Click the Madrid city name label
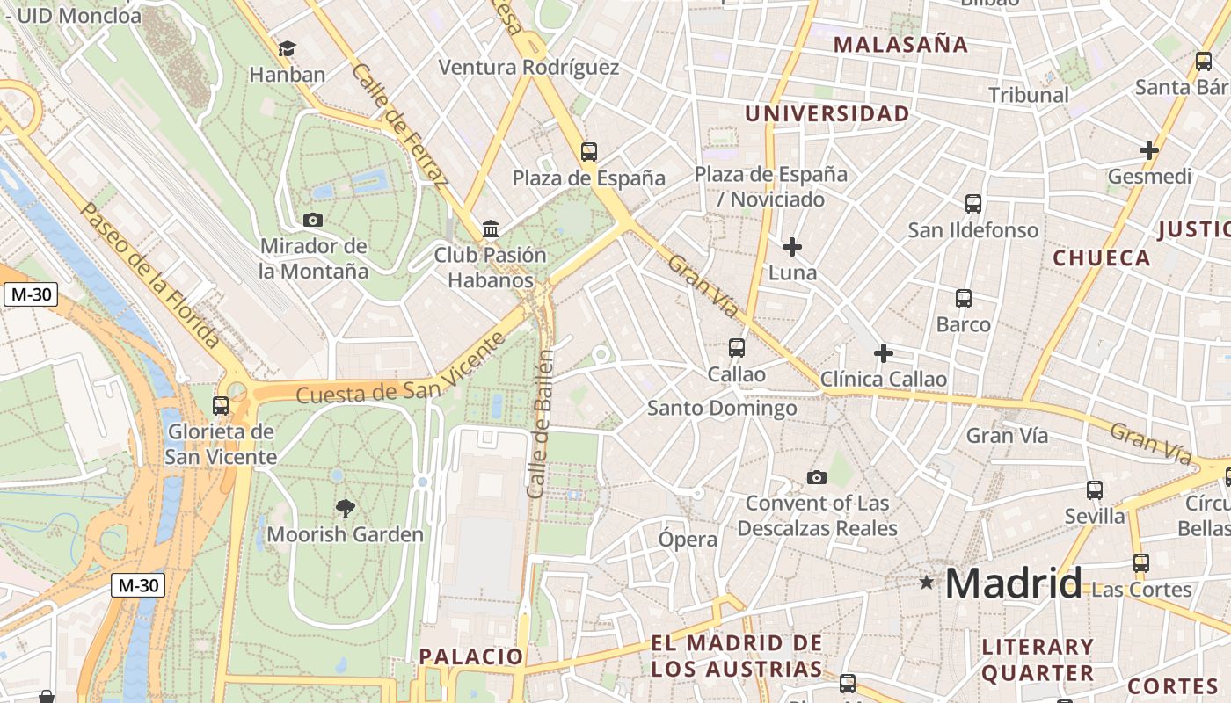coord(1013,583)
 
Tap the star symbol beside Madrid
coord(926,582)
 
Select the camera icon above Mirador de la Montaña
coord(312,220)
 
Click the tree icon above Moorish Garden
coord(345,507)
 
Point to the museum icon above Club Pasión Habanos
coord(491,230)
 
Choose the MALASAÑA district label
coord(900,45)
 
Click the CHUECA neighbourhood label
coord(1102,257)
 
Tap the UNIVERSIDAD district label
coord(827,113)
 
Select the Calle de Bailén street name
coord(541,424)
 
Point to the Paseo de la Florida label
coord(149,273)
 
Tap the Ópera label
coord(688,539)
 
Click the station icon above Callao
coord(737,348)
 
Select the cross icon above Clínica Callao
coord(884,353)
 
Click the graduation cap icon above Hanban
coord(287,48)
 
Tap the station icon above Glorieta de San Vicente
coord(221,405)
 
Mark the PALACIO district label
coord(470,656)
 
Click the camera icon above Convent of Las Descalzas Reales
coord(817,477)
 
